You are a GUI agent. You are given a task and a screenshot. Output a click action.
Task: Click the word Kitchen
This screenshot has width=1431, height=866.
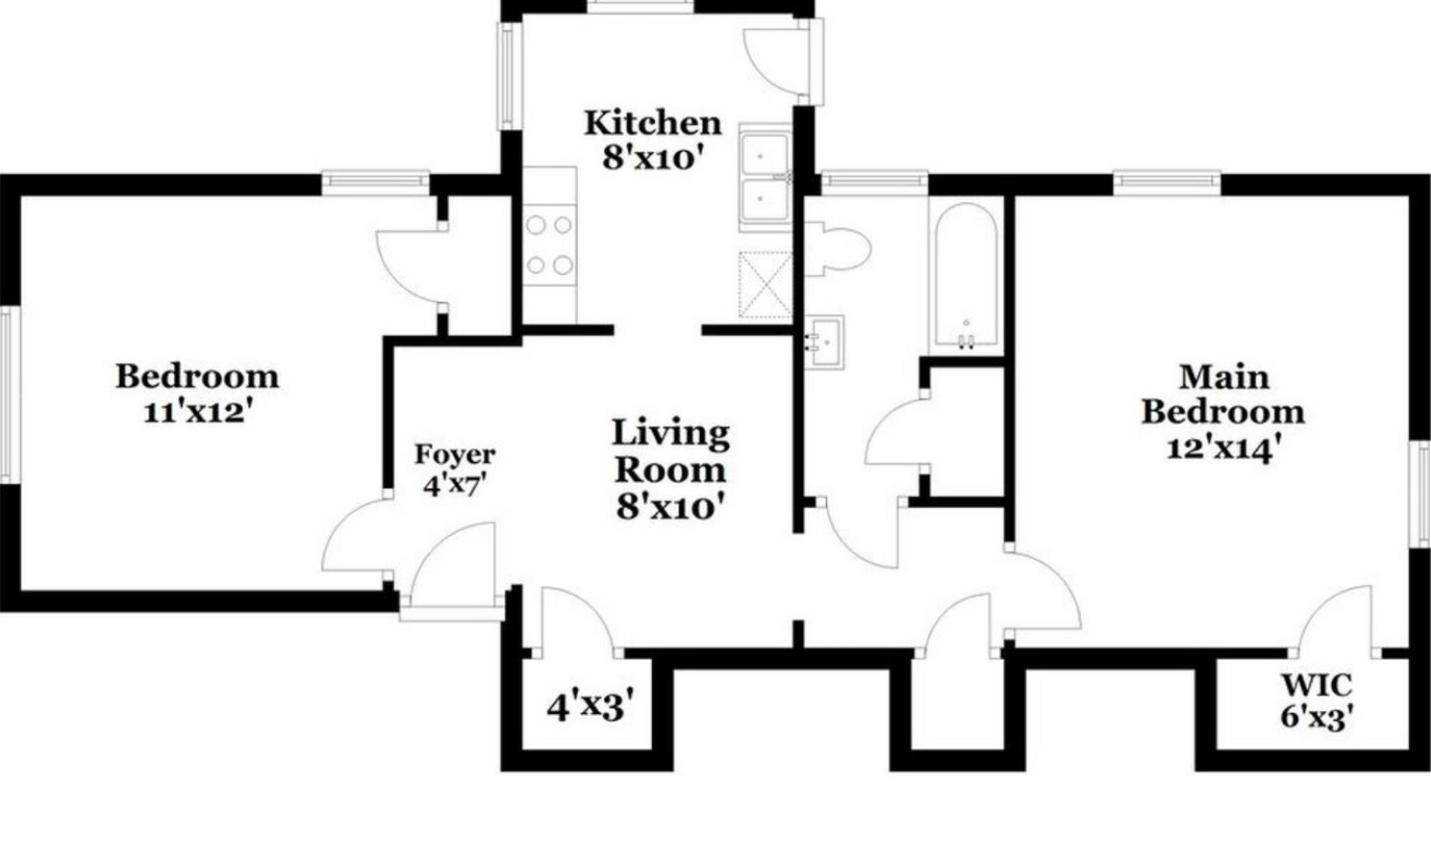(x=653, y=123)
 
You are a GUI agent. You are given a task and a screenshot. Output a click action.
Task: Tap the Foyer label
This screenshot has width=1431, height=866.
(x=455, y=454)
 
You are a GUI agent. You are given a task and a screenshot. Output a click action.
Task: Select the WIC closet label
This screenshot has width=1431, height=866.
(x=1317, y=686)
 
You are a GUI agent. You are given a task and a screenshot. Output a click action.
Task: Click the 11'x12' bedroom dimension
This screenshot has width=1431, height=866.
(x=195, y=412)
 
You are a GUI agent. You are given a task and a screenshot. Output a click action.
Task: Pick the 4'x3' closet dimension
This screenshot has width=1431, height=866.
(x=590, y=707)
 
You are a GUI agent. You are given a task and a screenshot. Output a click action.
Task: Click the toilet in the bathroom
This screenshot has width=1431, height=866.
(x=837, y=248)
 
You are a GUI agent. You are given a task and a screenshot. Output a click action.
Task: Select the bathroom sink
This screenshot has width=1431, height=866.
(x=823, y=342)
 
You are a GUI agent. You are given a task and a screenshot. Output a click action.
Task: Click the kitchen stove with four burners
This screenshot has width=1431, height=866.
(x=549, y=245)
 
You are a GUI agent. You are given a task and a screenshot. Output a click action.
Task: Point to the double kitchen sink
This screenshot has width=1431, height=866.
(x=766, y=177)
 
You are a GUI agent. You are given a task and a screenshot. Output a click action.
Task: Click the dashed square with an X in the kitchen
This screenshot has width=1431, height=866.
(x=766, y=285)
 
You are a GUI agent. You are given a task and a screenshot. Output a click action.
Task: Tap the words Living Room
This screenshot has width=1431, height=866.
(x=671, y=452)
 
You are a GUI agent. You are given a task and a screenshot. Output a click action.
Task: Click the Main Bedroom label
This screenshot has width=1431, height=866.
(x=1222, y=395)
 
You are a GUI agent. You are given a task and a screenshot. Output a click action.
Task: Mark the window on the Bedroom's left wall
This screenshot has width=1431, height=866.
(x=9, y=395)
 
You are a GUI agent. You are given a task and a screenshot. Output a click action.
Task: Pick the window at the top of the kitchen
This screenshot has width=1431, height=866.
(x=640, y=7)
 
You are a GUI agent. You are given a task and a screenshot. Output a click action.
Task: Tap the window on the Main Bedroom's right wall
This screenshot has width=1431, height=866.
(x=1423, y=494)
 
